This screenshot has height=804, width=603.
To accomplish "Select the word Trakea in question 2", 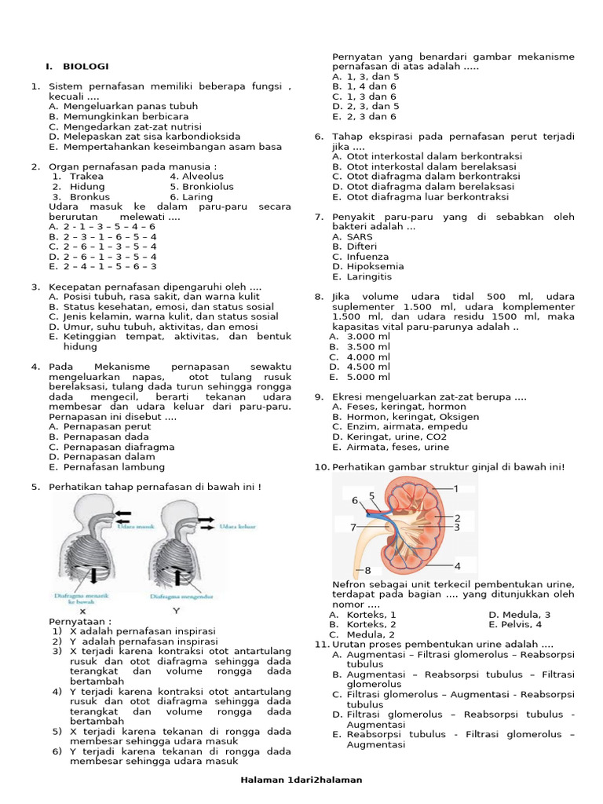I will point(86,177).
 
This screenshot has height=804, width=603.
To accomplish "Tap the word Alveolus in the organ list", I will point(202,177).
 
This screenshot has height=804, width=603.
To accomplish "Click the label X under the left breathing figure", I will point(82,610).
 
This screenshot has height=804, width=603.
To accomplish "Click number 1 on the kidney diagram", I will point(456,488).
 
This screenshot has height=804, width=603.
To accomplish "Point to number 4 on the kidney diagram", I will point(457,565).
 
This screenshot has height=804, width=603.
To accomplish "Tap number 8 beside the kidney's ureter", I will point(367,570).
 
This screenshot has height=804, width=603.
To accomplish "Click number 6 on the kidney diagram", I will point(355,500).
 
